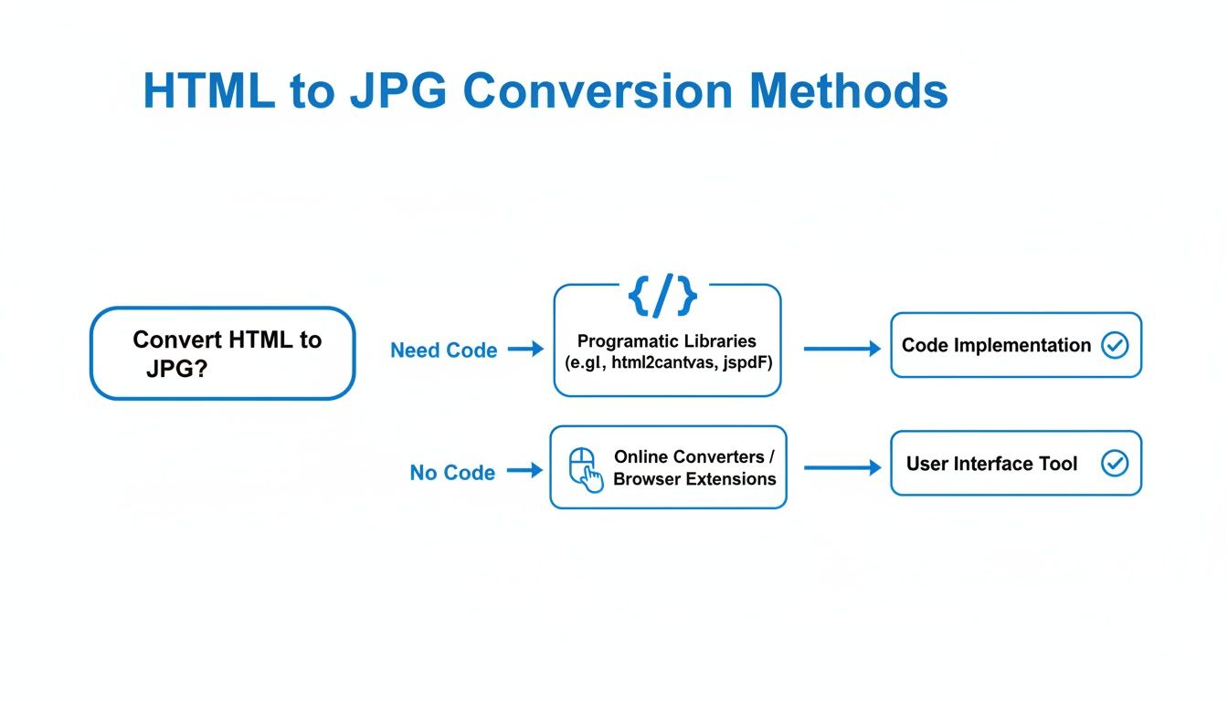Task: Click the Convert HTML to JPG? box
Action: pos(222,353)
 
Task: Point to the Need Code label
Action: pos(443,350)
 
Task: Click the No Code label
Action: pos(452,473)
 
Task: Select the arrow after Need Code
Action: pos(525,349)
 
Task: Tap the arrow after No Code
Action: pos(524,471)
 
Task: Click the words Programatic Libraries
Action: pos(667,341)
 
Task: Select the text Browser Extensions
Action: pos(694,479)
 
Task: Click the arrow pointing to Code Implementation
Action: pos(841,348)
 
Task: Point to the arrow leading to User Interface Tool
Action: pos(841,467)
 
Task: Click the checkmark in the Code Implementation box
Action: pos(1115,345)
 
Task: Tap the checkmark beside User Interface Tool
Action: pos(1115,464)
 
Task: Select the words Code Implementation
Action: pos(996,346)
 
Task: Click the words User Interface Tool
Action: pos(991,464)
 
